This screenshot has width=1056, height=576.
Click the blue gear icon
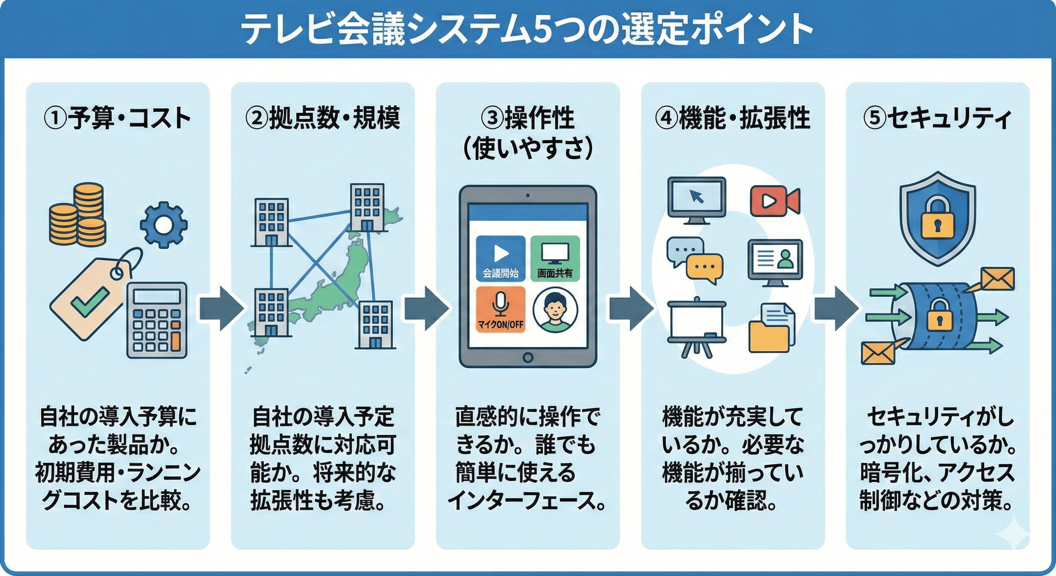(163, 224)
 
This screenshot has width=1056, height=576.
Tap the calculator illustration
(157, 320)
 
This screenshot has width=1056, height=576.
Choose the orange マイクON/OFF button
(501, 309)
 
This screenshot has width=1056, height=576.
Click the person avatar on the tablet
(555, 309)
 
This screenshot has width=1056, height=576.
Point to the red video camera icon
(774, 201)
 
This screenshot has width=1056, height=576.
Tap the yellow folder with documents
(771, 328)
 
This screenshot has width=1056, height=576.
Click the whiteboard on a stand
(696, 326)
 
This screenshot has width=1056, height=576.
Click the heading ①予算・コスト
(118, 118)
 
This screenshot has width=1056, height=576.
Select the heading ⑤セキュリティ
(937, 118)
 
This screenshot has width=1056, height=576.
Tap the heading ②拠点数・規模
(322, 118)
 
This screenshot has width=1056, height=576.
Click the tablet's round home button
(528, 357)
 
